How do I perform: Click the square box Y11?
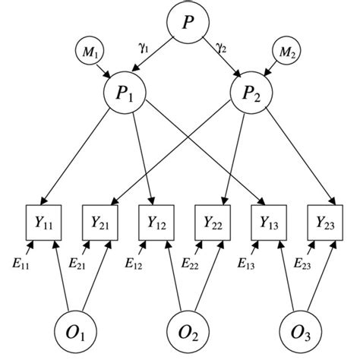(43, 222)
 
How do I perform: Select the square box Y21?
(99, 222)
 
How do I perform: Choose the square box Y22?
(213, 222)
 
